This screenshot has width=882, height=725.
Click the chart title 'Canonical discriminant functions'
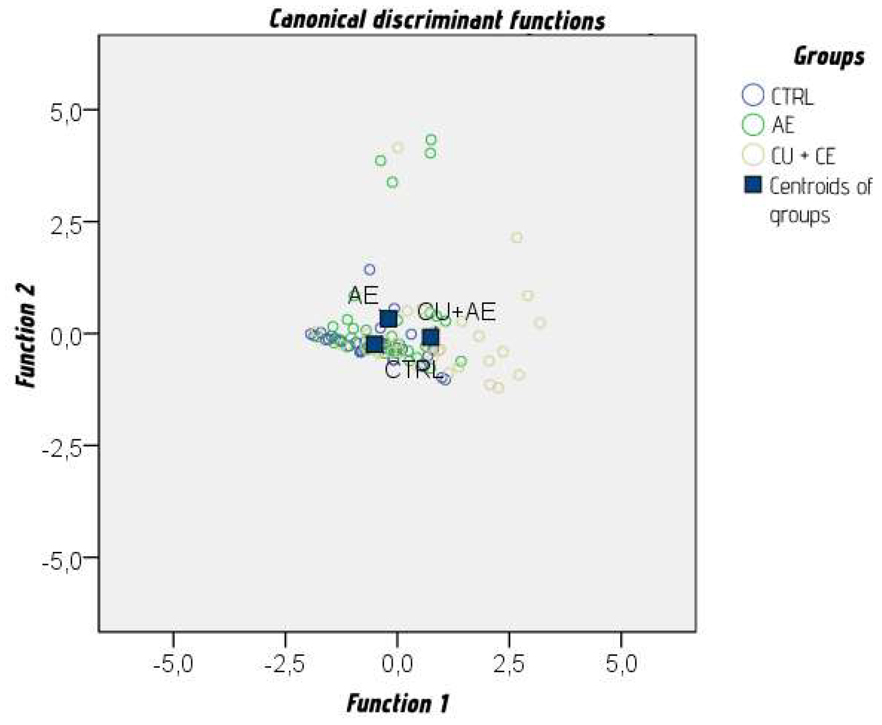point(437,20)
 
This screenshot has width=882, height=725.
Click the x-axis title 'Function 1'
point(398,703)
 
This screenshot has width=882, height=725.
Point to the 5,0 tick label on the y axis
point(66,112)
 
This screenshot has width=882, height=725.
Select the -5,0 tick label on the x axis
point(173,664)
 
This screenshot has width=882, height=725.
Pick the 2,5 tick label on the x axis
point(509,664)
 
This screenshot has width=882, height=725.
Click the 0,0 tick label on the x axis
point(397,664)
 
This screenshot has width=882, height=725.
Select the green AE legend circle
point(753,125)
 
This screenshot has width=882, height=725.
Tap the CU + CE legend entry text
point(803,156)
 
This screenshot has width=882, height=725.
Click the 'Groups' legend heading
point(829,57)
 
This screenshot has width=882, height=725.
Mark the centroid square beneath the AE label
point(388,319)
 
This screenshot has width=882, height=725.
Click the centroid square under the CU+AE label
point(431,337)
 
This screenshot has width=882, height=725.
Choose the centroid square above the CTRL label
point(375,345)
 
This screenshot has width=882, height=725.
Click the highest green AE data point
point(431,140)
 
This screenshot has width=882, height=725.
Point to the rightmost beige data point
point(539,323)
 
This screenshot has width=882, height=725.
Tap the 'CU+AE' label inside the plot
point(456,312)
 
